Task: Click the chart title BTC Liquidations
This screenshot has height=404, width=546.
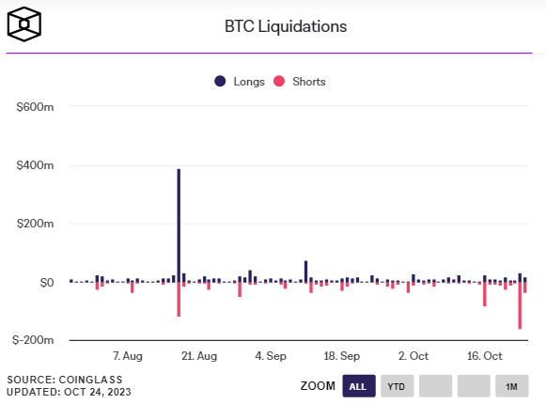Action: [x=286, y=26]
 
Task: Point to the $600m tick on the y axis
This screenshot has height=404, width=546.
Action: [x=36, y=108]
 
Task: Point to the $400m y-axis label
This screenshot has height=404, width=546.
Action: [x=36, y=166]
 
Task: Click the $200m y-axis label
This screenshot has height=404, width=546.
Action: [x=36, y=225]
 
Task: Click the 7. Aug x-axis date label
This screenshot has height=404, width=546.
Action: [x=127, y=357]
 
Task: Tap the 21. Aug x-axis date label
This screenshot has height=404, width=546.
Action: [x=198, y=357]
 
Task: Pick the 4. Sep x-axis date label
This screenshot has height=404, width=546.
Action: [x=271, y=357]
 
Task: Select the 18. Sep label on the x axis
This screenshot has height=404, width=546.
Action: [x=342, y=357]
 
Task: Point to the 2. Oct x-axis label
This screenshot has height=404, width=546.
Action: [x=413, y=357]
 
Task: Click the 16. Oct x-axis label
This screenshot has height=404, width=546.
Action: [x=486, y=357]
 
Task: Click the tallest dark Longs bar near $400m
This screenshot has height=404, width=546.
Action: [x=179, y=225]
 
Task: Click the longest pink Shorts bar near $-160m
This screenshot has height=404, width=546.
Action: [x=520, y=305]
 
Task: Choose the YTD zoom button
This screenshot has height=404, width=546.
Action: [x=397, y=386]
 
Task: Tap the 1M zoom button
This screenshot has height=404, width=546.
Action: [x=511, y=386]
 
